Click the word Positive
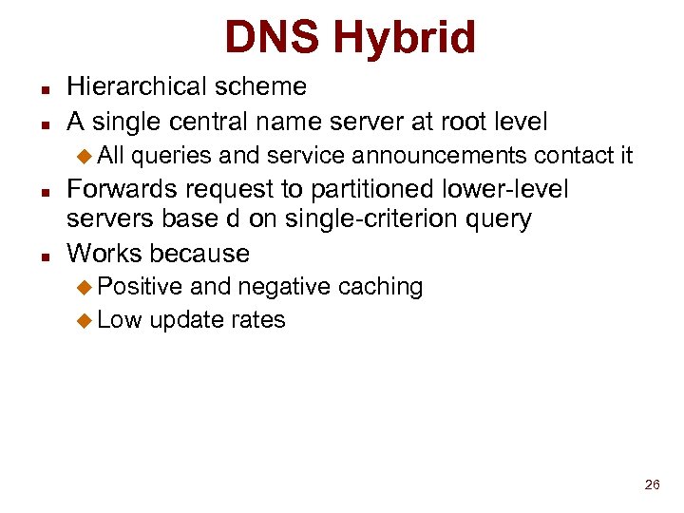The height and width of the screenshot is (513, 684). (x=140, y=287)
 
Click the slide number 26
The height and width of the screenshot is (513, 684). (x=652, y=484)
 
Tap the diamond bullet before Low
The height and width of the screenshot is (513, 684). (x=85, y=321)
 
